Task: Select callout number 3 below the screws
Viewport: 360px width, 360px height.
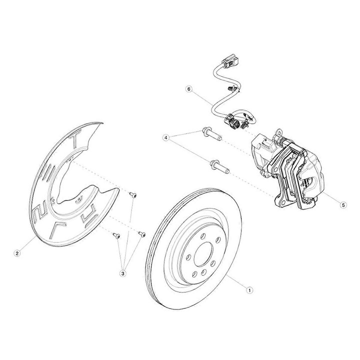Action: tap(122, 272)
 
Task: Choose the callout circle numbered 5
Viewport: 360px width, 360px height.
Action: tap(343, 204)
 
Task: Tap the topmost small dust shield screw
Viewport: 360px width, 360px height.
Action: tap(133, 194)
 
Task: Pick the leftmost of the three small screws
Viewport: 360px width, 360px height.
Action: tap(115, 233)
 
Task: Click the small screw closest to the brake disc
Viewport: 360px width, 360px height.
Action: tap(141, 233)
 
